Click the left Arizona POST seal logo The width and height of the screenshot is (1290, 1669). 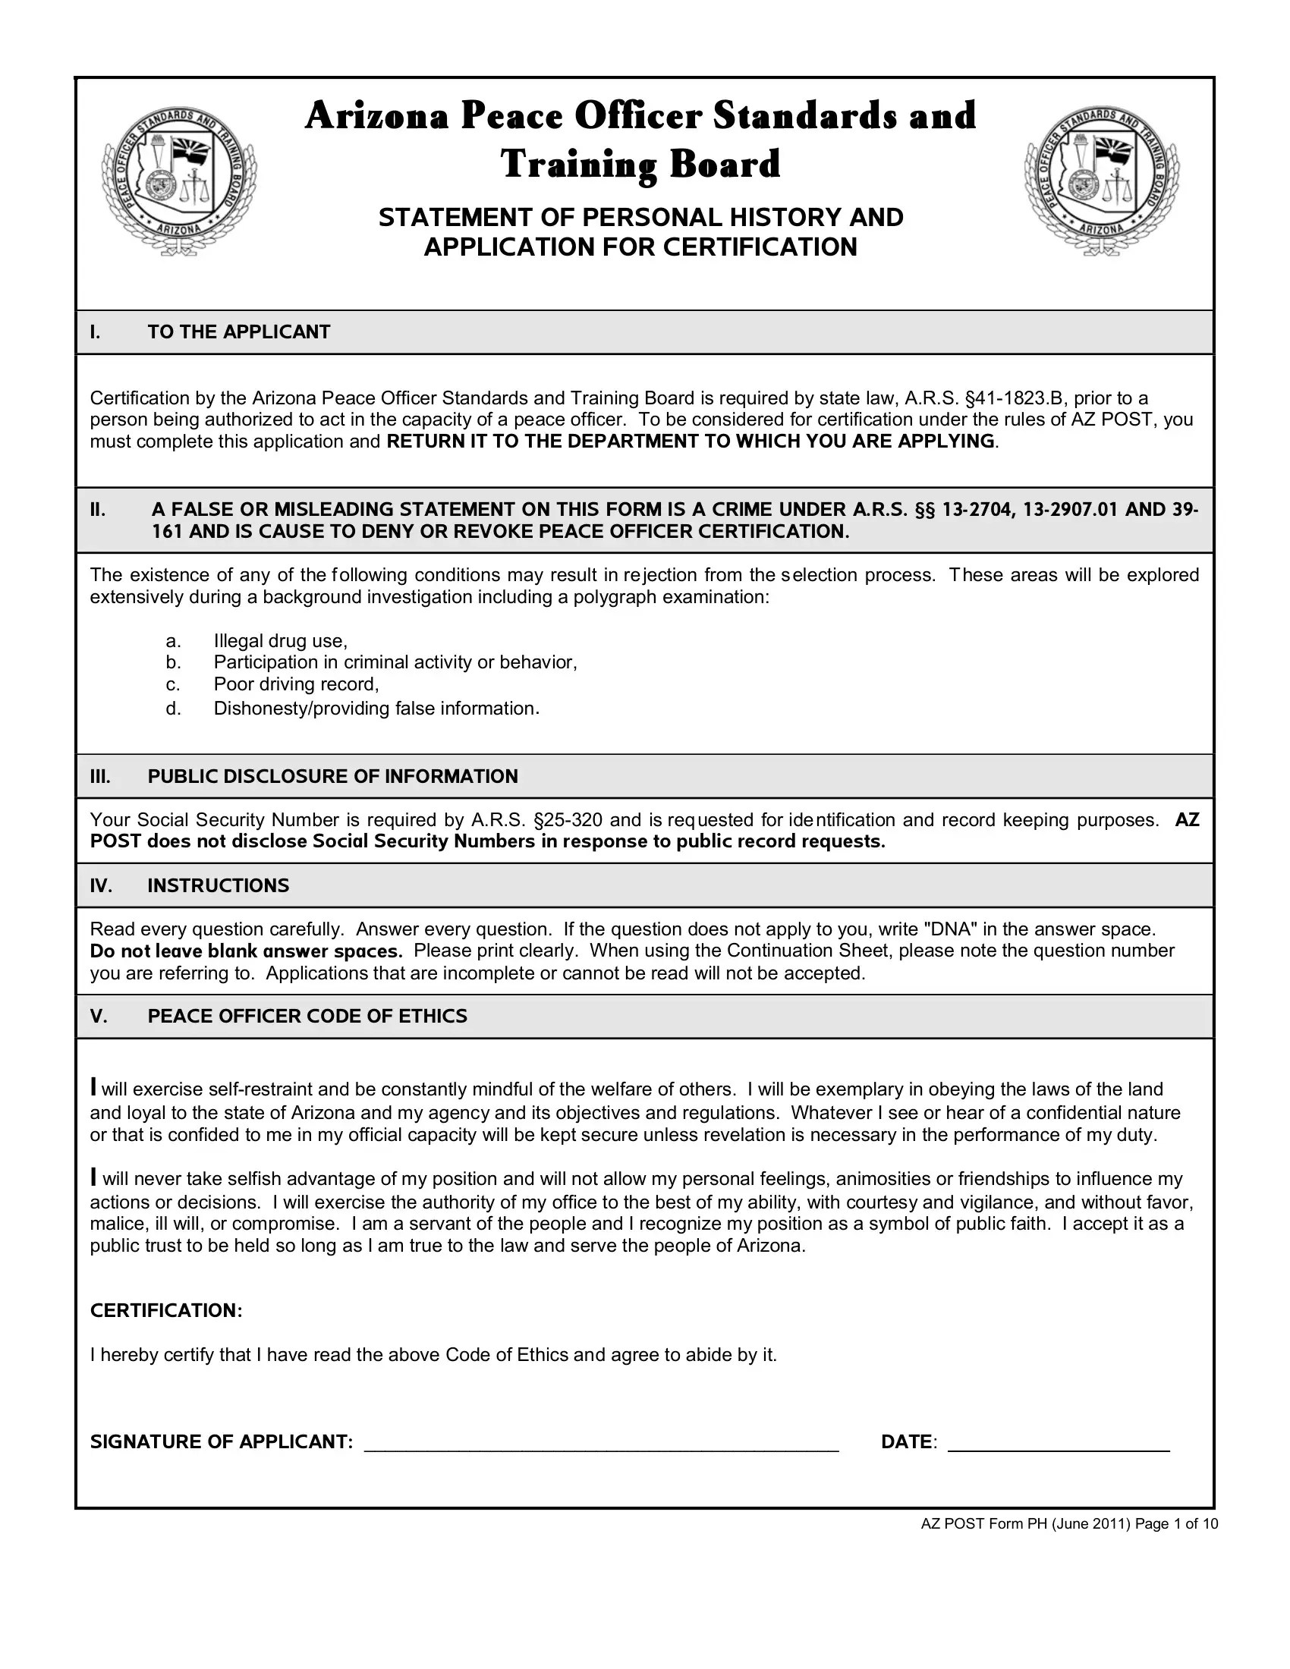pos(179,181)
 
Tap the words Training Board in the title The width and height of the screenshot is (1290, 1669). pos(640,165)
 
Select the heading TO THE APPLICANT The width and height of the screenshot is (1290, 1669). pos(238,332)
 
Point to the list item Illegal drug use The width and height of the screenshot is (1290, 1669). pos(281,640)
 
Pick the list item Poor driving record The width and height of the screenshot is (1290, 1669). pos(297,684)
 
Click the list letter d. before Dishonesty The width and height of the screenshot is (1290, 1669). pos(174,709)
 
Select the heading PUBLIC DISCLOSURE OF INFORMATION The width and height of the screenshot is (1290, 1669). pos(332,776)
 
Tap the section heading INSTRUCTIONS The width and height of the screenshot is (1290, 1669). pos(219,885)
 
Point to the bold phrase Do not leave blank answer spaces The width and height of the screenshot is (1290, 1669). pos(246,951)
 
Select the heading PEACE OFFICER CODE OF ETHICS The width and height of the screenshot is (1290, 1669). pos(307,1016)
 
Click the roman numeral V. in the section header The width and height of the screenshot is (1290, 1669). pos(99,1016)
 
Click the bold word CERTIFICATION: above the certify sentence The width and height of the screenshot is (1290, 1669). pos(167,1311)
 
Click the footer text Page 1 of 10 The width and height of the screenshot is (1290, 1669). pos(1176,1525)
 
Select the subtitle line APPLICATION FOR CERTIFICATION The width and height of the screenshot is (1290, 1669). pos(640,247)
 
